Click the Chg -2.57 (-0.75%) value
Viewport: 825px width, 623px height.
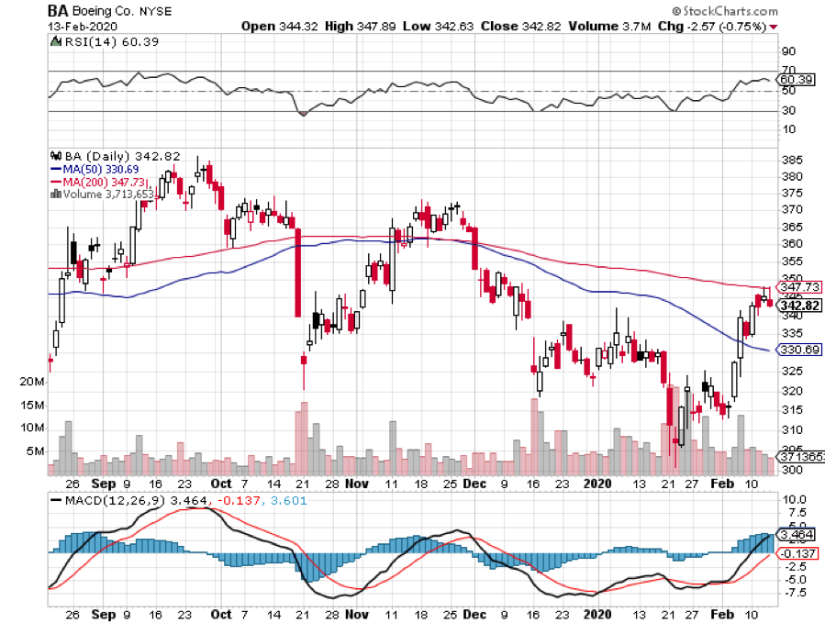click(711, 27)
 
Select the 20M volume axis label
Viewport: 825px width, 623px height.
click(32, 382)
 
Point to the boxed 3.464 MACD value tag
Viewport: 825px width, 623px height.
click(797, 533)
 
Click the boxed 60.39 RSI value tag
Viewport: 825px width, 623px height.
click(795, 80)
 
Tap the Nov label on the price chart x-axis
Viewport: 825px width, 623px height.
click(358, 483)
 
